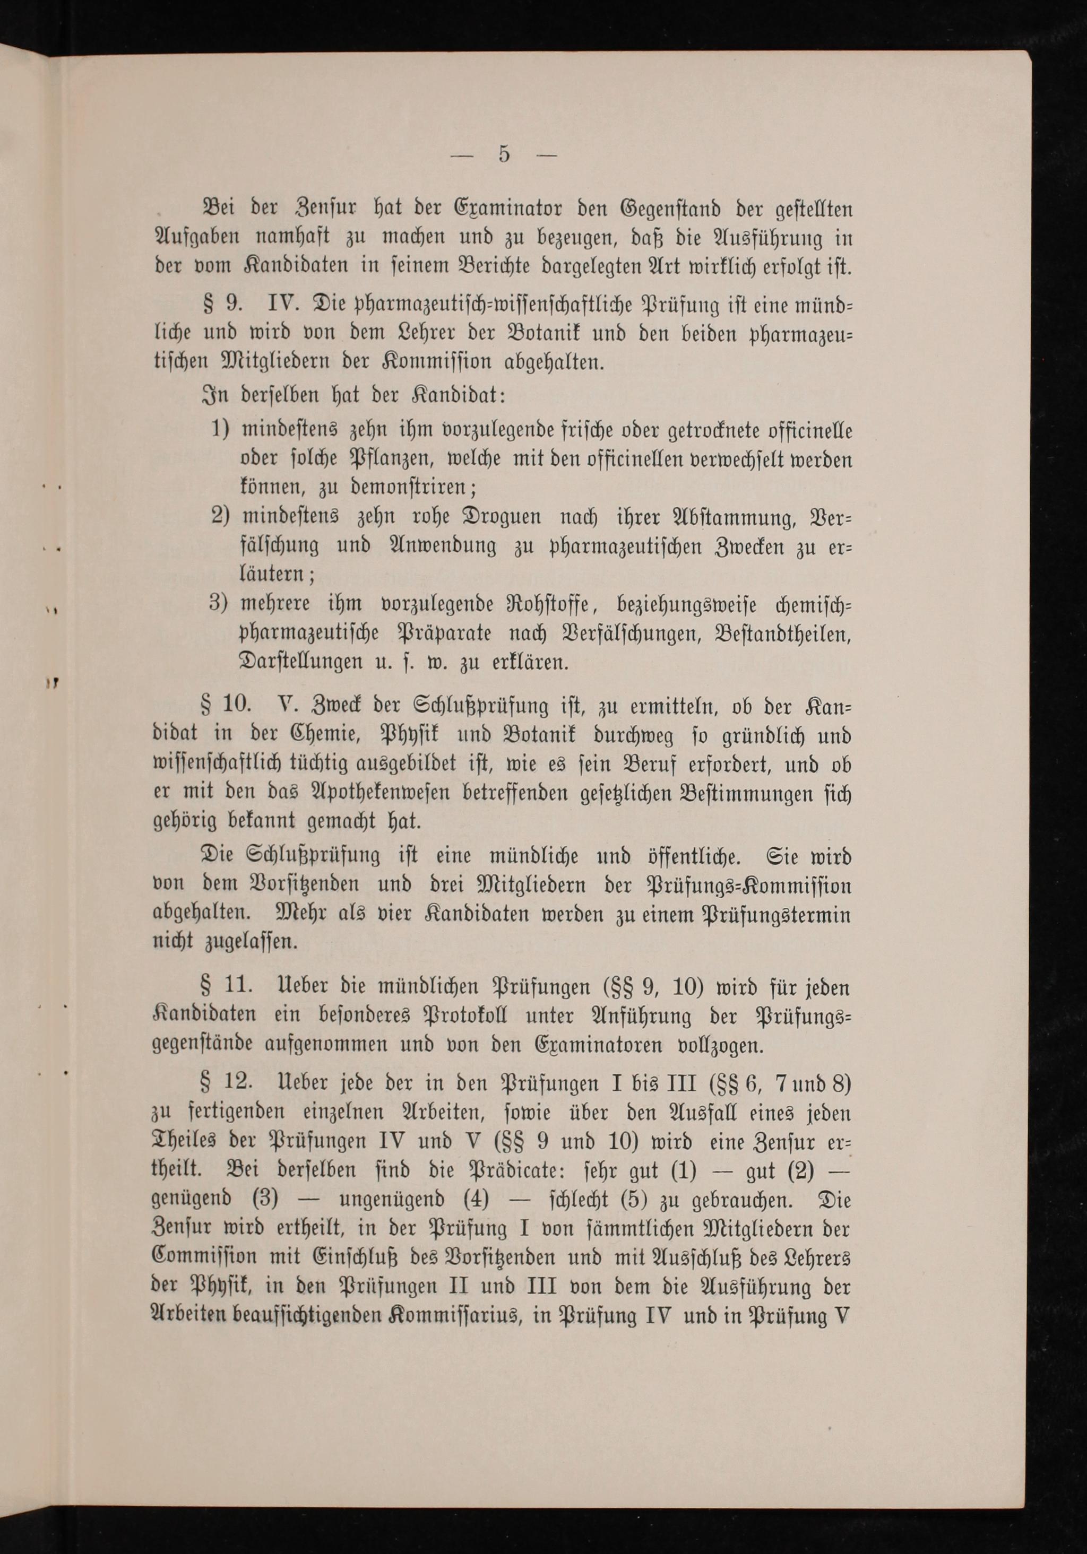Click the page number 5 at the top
[503, 155]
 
